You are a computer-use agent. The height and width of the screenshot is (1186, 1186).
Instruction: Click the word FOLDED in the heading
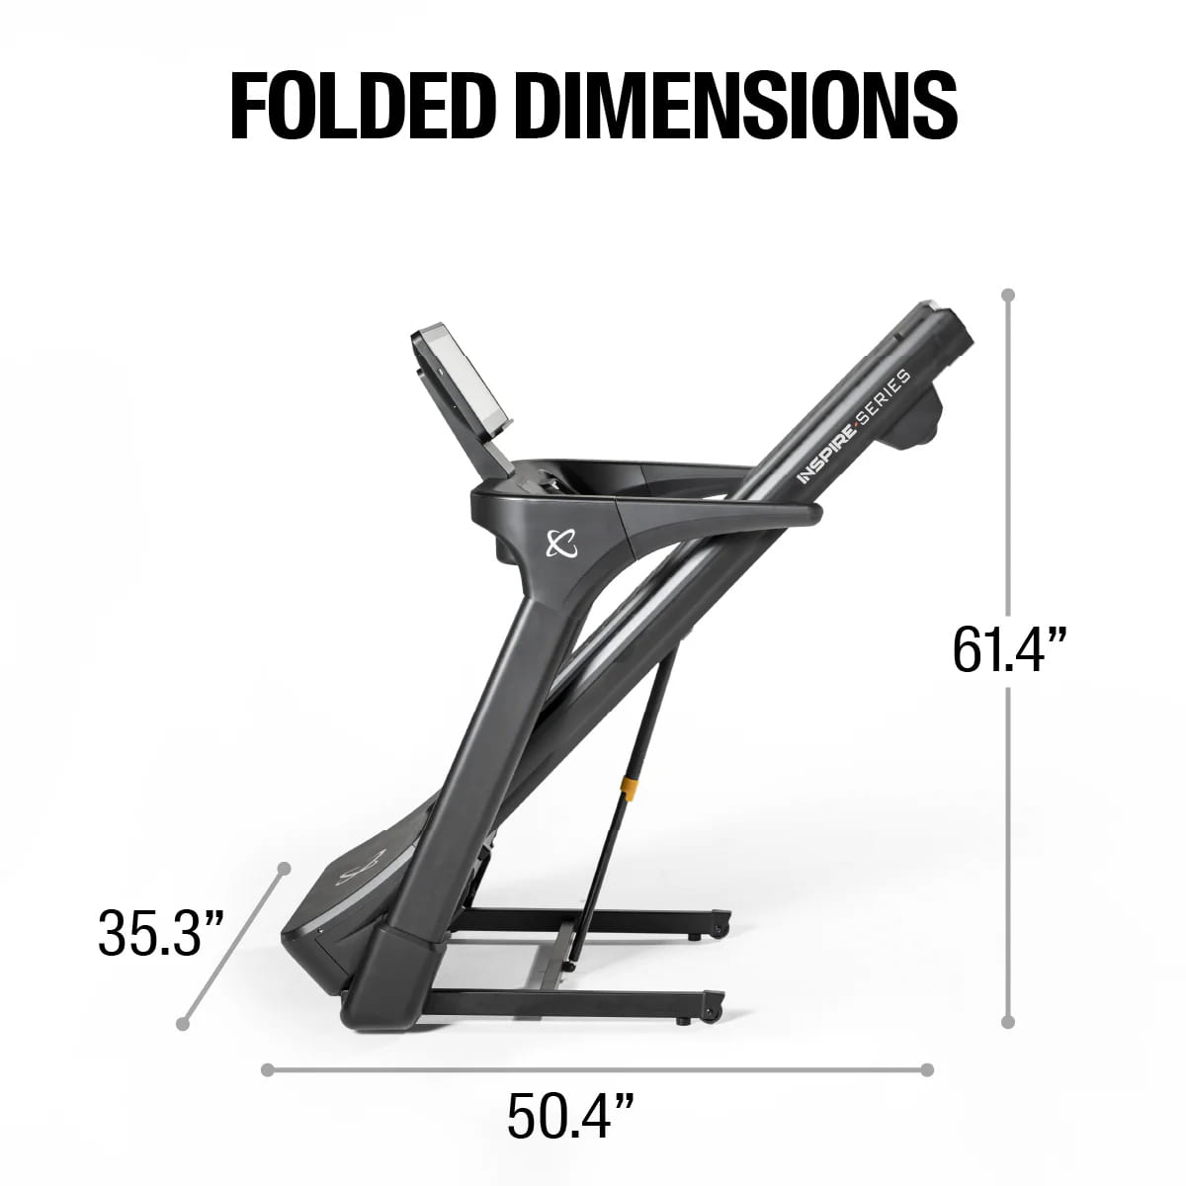368,104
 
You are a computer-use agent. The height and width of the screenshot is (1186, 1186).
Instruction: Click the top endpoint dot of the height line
1008,295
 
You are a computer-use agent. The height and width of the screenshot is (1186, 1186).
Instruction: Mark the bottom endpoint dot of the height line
1008,1023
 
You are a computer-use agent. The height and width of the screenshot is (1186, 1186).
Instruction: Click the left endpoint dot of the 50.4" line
267,1069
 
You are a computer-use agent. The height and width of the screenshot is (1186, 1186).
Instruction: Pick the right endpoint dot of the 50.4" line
926,1069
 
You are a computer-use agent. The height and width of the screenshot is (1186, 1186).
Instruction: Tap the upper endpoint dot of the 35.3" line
285,868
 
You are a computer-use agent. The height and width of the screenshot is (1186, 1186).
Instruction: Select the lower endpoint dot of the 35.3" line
183,1024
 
